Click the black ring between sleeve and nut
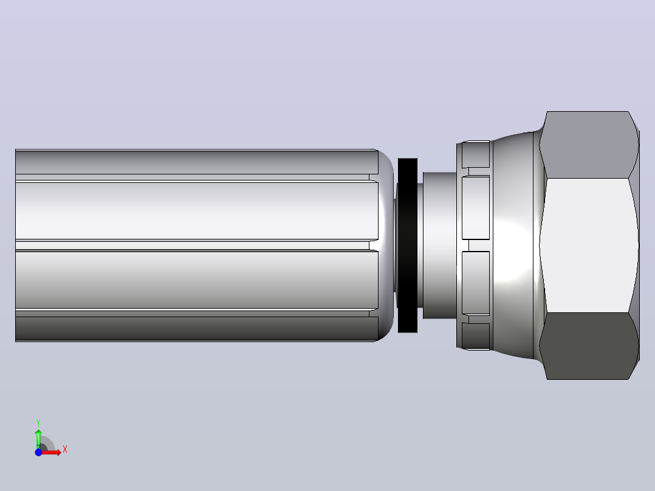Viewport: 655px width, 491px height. [407, 245]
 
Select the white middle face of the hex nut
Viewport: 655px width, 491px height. [589, 245]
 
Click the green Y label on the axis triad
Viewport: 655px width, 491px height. [38, 422]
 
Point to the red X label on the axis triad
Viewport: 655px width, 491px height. [65, 450]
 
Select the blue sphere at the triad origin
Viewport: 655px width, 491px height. [38, 452]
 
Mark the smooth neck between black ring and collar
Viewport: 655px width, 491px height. [439, 245]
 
